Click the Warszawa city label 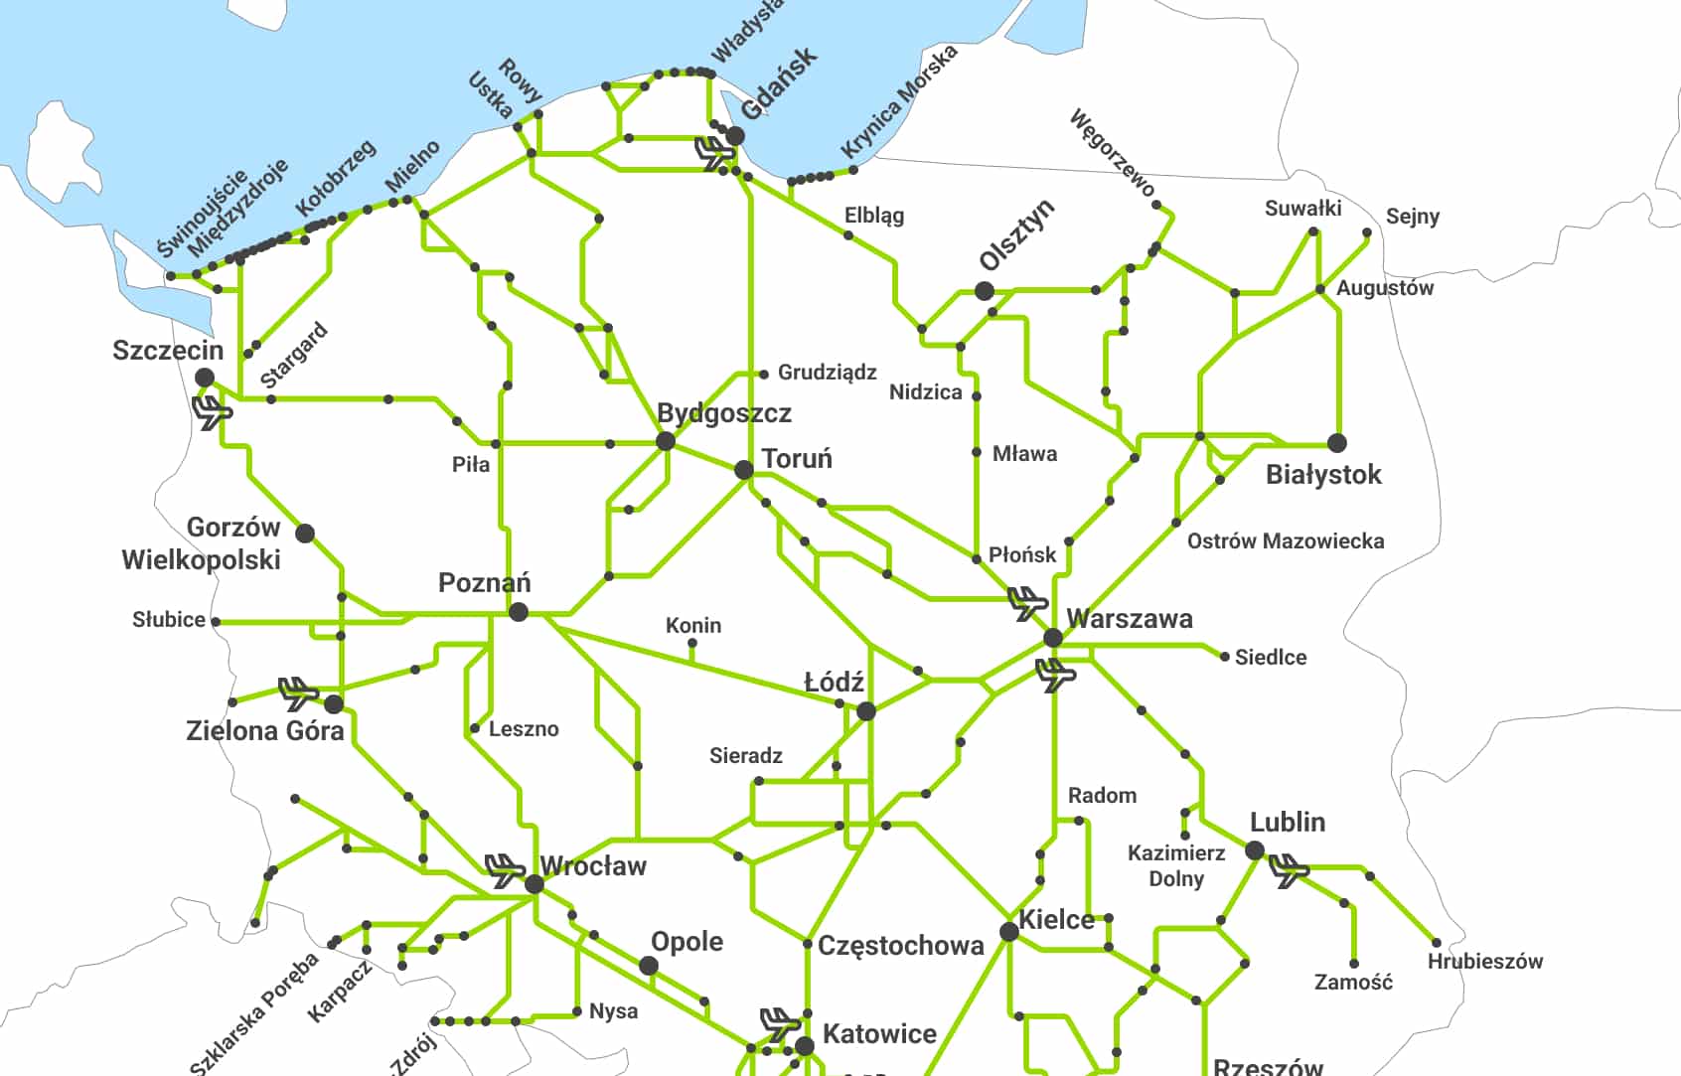click(1129, 619)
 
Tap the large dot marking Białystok click(1337, 443)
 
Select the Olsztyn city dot click(984, 291)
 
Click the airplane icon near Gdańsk click(714, 152)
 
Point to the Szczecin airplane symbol click(212, 411)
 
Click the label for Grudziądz click(827, 373)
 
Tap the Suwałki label click(1302, 209)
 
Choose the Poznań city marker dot click(518, 613)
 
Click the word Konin click(693, 626)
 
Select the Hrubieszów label click(1484, 962)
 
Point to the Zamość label click(1353, 983)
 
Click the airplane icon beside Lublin click(1290, 870)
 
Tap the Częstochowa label click(900, 945)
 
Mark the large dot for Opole click(649, 966)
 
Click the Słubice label click(169, 620)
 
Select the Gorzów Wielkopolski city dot click(305, 534)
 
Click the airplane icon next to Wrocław click(505, 870)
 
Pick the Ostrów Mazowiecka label click(1286, 541)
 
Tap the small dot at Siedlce click(1224, 657)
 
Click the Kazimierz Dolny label click(1176, 865)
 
